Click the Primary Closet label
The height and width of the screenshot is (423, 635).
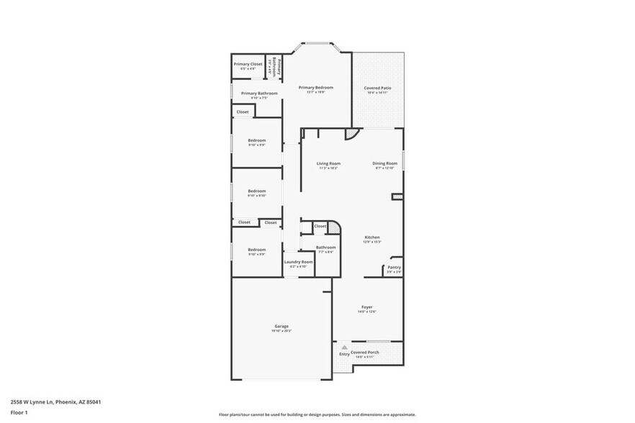(x=248, y=64)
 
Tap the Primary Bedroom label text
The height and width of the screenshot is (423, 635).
(x=316, y=87)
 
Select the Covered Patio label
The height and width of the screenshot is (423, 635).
(x=377, y=88)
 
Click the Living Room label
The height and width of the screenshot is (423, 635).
(x=328, y=163)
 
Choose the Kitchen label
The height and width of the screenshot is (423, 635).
(x=372, y=237)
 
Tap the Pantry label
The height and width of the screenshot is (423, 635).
(x=394, y=267)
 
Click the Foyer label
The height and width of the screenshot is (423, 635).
(x=367, y=307)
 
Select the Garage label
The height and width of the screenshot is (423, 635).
(x=281, y=326)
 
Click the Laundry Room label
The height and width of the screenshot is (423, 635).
(x=298, y=262)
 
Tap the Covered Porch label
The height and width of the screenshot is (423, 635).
(x=364, y=352)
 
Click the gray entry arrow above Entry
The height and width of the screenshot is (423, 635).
(x=344, y=347)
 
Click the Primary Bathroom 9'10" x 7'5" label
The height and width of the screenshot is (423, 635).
(x=259, y=93)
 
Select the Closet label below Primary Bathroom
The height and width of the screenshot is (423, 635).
(x=243, y=112)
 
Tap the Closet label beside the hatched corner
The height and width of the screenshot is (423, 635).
(x=320, y=226)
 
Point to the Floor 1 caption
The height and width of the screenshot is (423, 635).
(x=19, y=412)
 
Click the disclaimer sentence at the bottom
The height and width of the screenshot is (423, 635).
(x=317, y=414)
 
